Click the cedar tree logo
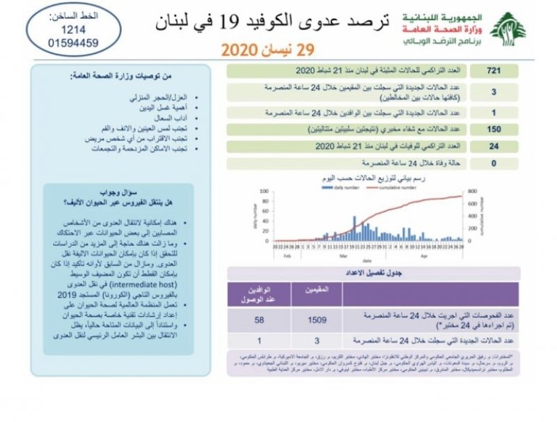coord(508,29)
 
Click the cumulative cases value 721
coord(494,71)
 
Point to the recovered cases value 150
coord(494,130)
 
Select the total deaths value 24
coord(494,146)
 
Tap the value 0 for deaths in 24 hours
coord(494,164)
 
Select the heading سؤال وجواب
coord(132,191)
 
